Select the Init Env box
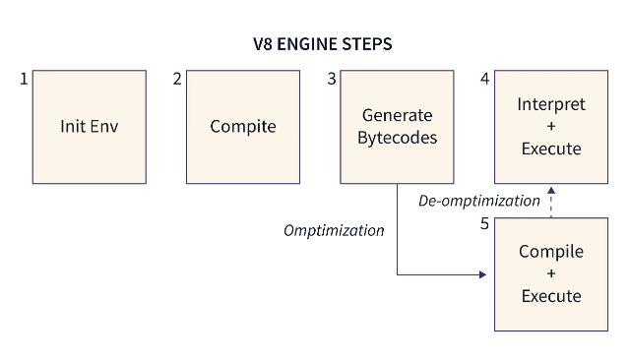coord(90,127)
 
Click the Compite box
coord(243,127)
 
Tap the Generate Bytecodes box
coord(397,127)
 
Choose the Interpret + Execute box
coord(550,127)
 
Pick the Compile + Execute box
coord(550,273)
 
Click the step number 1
coord(24,79)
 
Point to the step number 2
coord(177,79)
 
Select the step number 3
coord(332,79)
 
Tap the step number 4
coord(484,79)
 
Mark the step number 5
coord(484,225)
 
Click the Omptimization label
coord(334,230)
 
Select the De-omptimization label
coord(479,201)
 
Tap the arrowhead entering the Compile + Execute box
coord(482,274)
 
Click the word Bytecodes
coord(397,138)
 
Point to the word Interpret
coord(550,104)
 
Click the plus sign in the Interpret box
coord(550,127)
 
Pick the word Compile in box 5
coord(550,252)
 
